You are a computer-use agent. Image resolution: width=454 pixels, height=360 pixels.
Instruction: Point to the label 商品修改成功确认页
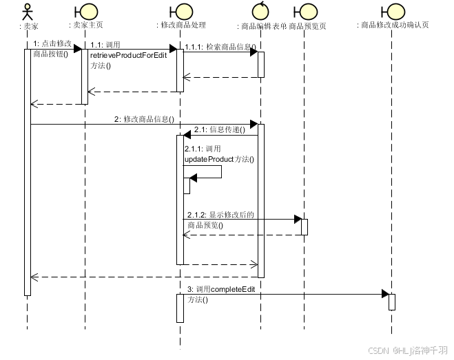pyautogui.click(x=395, y=25)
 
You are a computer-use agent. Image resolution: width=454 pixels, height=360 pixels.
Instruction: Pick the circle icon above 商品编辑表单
pyautogui.click(x=260, y=11)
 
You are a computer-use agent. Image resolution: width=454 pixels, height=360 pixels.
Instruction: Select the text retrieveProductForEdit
pyautogui.click(x=128, y=55)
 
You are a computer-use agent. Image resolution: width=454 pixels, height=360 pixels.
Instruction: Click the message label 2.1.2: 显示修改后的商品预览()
pyautogui.click(x=220, y=220)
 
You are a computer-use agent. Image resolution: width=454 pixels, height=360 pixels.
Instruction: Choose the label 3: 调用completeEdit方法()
pyautogui.click(x=221, y=294)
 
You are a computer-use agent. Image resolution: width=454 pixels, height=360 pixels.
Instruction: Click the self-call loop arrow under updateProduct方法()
pyautogui.click(x=207, y=171)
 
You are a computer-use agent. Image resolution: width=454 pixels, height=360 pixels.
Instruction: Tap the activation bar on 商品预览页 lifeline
pyautogui.click(x=304, y=227)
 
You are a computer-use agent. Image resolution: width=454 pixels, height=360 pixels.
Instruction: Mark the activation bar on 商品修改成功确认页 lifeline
pyautogui.click(x=392, y=301)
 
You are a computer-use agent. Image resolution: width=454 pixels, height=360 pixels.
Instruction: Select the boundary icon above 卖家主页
pyautogui.click(x=85, y=11)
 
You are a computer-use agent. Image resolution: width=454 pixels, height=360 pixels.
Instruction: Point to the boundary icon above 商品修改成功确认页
pyautogui.click(x=392, y=11)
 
